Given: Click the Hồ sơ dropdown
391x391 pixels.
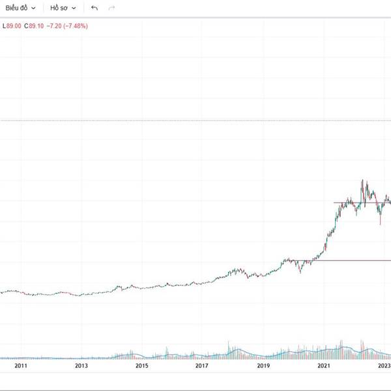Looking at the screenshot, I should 63,8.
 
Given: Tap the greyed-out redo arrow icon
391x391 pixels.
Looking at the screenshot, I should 112,8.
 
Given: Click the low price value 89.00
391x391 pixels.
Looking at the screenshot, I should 13,26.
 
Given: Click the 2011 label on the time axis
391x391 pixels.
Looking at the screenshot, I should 21,367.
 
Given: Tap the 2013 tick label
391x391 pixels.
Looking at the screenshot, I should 81,367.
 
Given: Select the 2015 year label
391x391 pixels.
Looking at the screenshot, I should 142,367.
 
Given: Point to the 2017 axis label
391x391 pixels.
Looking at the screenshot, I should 202,367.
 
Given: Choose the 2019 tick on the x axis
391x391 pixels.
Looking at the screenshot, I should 263,367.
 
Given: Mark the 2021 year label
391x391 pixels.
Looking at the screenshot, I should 323,367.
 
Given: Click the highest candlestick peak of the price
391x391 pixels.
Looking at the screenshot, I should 362,181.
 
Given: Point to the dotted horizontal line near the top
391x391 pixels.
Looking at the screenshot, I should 195,121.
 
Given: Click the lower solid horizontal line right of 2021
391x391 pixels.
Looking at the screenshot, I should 352,261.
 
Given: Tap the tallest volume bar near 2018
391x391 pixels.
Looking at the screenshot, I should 229,346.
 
